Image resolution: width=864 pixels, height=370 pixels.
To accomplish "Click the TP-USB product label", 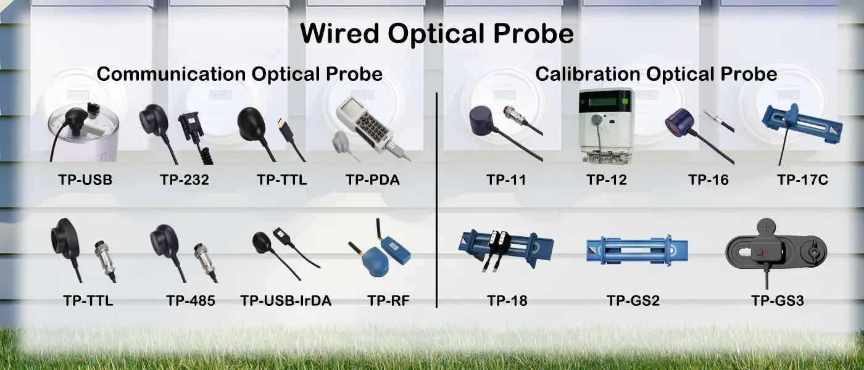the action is click(x=85, y=180).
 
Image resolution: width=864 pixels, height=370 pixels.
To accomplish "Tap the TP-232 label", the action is click(x=185, y=180).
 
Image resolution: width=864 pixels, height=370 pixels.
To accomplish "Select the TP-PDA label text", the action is click(x=373, y=180).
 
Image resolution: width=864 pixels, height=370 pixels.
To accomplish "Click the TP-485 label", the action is click(x=191, y=301).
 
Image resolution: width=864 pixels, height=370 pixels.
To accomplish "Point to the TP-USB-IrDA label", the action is click(x=286, y=301).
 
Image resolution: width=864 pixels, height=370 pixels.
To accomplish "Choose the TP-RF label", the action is click(x=388, y=301).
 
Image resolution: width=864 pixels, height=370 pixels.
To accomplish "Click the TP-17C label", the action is click(x=802, y=180).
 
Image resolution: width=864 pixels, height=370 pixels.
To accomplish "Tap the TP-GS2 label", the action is click(x=633, y=301).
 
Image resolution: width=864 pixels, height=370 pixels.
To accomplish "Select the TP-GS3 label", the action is click(x=778, y=301).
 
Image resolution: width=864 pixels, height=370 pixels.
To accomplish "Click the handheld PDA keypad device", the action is click(x=365, y=124).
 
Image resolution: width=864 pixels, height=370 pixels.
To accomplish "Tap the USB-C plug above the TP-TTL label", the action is click(x=285, y=130).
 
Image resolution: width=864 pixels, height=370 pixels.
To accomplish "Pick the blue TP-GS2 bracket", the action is click(x=637, y=250).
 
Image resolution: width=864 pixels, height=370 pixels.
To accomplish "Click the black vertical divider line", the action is click(x=437, y=200).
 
